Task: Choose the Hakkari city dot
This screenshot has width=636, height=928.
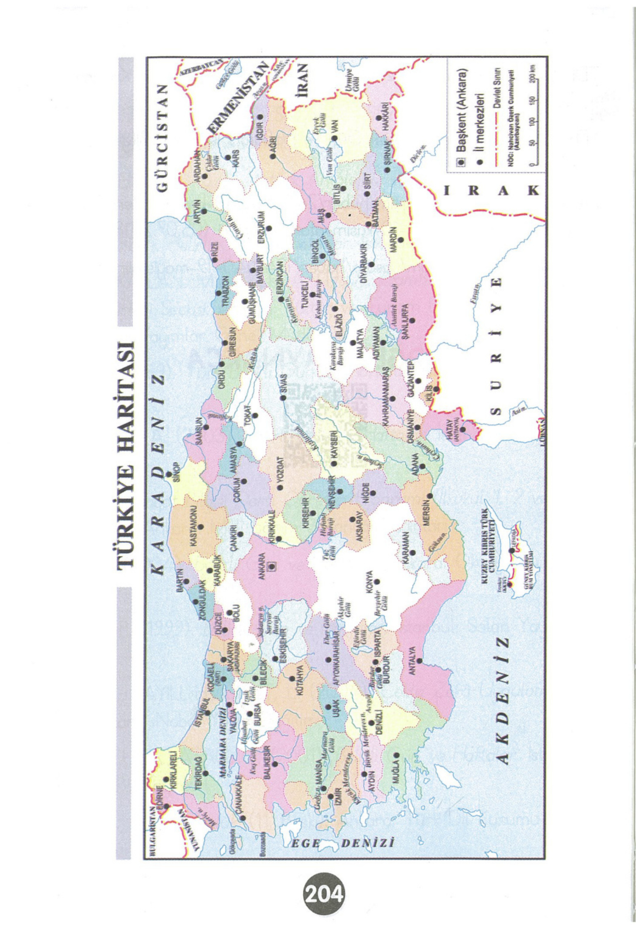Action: click(379, 118)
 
